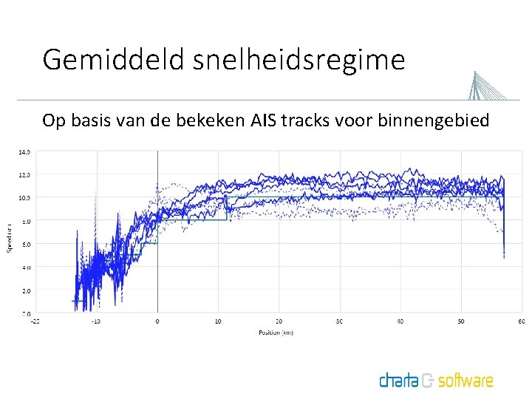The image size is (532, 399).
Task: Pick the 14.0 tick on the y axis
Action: (25, 152)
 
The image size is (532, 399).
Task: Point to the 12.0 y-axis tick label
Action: (25, 175)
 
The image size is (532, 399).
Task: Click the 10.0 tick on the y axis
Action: (25, 198)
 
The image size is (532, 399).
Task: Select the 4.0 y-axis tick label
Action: (25, 267)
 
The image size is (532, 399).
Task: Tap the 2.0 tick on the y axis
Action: (25, 290)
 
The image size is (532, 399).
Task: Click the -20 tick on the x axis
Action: (35, 321)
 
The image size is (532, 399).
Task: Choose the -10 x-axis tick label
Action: (95, 321)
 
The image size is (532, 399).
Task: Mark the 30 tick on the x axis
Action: (339, 321)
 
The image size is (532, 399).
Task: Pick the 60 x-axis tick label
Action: (521, 321)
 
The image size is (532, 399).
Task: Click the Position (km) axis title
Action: (276, 332)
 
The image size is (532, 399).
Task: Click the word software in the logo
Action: (465, 381)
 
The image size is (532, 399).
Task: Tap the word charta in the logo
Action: (399, 381)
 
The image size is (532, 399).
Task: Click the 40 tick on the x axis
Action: (400, 321)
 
